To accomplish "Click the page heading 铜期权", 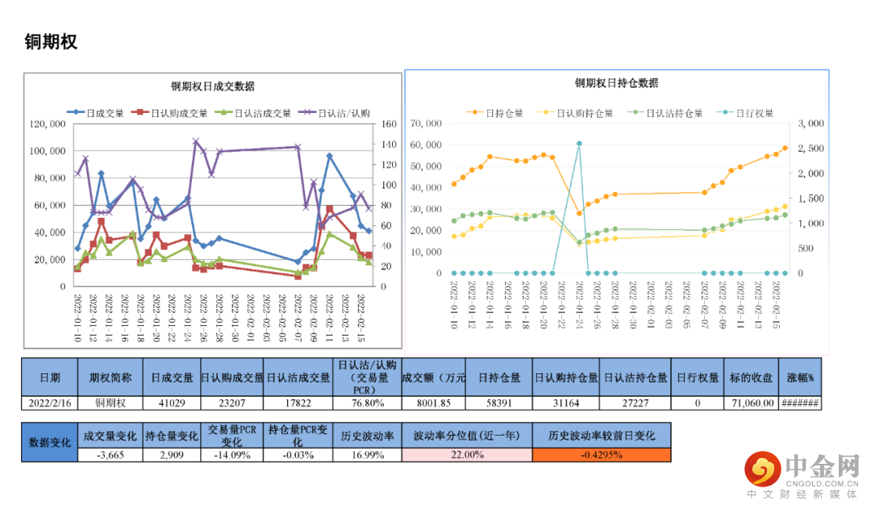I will [51, 42].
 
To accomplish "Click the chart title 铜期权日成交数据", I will [212, 86].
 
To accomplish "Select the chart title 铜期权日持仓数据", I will [616, 83].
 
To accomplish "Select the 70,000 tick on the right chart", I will [426, 123].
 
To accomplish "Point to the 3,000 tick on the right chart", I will [810, 123].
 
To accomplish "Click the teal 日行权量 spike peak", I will [579, 144].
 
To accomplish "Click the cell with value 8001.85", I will [433, 403].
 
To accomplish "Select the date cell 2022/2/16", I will [49, 403].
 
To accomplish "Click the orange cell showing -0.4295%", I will [601, 454].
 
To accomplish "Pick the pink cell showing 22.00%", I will [467, 454].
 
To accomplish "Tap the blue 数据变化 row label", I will [49, 442].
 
